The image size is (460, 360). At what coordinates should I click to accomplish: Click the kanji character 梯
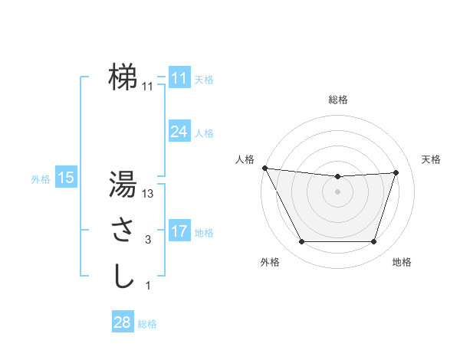point(123,77)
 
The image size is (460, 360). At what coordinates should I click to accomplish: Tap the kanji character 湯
point(123,184)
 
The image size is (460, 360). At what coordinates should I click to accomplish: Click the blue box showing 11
point(179,78)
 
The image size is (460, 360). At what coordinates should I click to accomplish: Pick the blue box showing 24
point(179,132)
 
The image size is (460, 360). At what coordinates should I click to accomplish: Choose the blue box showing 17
point(179,231)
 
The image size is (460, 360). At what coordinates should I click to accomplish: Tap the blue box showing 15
point(66,178)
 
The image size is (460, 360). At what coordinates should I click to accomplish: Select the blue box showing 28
point(122,322)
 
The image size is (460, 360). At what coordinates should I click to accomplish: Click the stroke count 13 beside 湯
point(148,195)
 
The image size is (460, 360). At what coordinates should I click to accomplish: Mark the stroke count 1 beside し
point(148,286)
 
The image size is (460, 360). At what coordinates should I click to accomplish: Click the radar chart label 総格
point(338,100)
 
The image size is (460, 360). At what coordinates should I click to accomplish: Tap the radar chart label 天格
point(432,159)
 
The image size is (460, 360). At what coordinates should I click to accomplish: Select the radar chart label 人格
point(245,159)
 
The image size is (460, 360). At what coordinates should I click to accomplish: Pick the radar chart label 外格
point(270,263)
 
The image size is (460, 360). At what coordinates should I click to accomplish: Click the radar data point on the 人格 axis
point(264,168)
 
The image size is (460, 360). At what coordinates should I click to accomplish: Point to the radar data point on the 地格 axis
point(374,242)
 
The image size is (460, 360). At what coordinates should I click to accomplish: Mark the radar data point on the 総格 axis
point(338,176)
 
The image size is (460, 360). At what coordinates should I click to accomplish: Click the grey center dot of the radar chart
point(338,191)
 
